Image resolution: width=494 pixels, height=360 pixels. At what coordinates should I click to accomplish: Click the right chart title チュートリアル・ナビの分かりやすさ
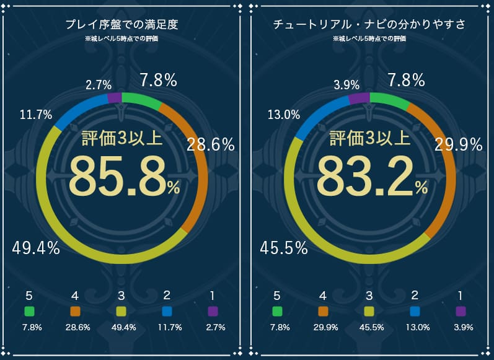(369, 25)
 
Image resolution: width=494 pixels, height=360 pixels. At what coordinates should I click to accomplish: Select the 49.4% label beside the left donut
(36, 248)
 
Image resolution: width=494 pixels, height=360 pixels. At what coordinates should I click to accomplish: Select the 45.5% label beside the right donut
(284, 248)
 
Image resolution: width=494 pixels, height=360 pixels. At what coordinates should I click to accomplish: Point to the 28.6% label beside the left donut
(211, 145)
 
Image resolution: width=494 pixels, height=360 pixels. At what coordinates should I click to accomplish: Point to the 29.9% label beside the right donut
(458, 145)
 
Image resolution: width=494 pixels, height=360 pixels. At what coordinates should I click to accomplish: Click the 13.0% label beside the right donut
(284, 115)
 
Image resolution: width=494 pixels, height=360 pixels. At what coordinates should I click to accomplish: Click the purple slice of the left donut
(115, 97)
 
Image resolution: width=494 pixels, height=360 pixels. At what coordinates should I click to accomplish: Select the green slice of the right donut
(389, 99)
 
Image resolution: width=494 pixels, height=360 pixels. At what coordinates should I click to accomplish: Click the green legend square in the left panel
(29, 311)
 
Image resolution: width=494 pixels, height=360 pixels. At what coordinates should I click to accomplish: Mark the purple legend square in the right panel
(461, 311)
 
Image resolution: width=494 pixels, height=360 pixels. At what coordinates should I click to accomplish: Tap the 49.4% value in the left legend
(121, 327)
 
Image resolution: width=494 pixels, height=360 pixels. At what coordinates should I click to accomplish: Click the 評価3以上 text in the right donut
(369, 138)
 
